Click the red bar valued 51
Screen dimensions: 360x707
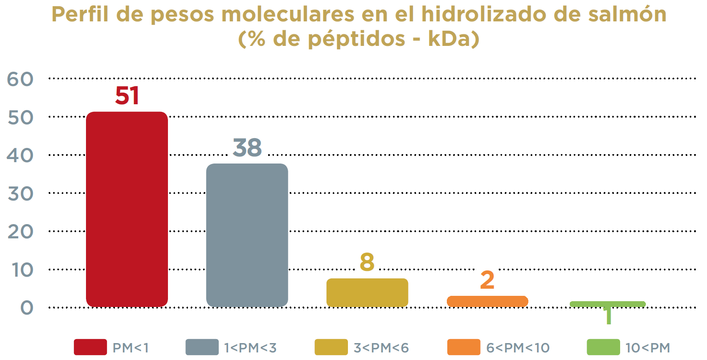pyautogui.click(x=127, y=209)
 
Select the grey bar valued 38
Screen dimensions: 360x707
pyautogui.click(x=247, y=235)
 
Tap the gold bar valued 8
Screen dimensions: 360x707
pyautogui.click(x=367, y=292)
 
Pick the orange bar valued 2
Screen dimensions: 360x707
pyautogui.click(x=487, y=301)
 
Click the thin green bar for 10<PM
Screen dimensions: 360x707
pyautogui.click(x=608, y=304)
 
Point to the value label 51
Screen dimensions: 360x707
pyautogui.click(x=127, y=96)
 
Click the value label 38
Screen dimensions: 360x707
pyautogui.click(x=247, y=147)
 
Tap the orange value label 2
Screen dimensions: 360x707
pyautogui.click(x=487, y=280)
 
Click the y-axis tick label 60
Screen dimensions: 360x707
pyautogui.click(x=20, y=79)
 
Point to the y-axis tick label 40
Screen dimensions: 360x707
pyautogui.click(x=20, y=155)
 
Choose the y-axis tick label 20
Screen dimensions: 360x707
pyautogui.click(x=20, y=232)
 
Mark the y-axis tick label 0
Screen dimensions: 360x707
pyautogui.click(x=27, y=308)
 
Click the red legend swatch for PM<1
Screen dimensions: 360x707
pyautogui.click(x=90, y=347)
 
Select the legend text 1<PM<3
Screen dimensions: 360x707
pyautogui.click(x=250, y=348)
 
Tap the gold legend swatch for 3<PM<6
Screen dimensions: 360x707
pyautogui.click(x=331, y=347)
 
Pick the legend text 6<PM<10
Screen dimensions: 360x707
pyautogui.click(x=518, y=348)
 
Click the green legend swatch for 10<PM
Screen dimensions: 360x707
pyautogui.click(x=603, y=347)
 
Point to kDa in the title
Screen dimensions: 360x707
pyautogui.click(x=451, y=39)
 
